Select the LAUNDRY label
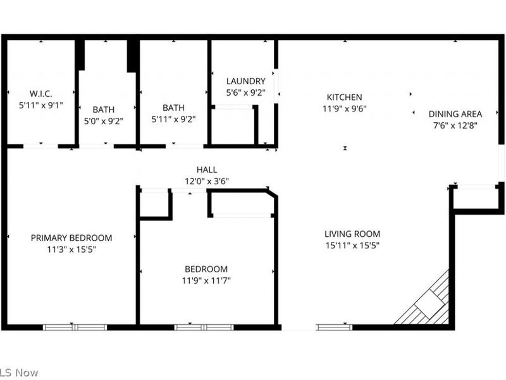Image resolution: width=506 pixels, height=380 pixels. [x=245, y=81]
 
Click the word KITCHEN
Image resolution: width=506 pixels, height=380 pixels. [x=344, y=98]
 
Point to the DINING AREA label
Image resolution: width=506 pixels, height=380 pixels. [x=455, y=114]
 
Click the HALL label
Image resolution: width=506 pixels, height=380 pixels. [x=207, y=170]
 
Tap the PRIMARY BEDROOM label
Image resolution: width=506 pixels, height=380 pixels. [x=71, y=238]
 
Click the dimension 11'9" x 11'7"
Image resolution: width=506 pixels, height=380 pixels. [x=206, y=280]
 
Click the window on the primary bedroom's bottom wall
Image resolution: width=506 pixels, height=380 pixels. [x=75, y=327]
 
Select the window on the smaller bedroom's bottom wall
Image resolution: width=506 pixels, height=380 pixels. [x=204, y=327]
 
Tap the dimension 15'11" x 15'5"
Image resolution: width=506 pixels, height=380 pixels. [x=352, y=245]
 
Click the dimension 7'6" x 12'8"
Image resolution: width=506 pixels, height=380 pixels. [x=455, y=125]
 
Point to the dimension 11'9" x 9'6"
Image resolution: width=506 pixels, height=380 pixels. [x=344, y=108]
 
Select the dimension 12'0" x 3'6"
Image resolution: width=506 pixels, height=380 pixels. [x=207, y=181]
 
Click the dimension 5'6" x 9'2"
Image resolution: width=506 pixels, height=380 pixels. [x=245, y=92]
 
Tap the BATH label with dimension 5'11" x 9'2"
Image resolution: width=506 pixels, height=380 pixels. [x=173, y=108]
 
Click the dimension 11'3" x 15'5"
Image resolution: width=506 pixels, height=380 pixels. [x=71, y=250]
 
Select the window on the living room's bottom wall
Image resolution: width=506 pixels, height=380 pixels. [x=335, y=327]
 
